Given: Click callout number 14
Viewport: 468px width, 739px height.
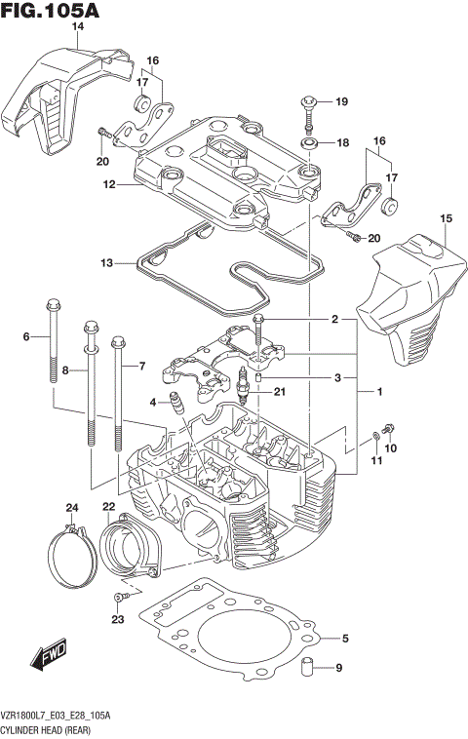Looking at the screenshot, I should pos(78,26).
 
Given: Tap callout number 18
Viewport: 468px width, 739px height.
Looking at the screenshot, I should pos(341,143).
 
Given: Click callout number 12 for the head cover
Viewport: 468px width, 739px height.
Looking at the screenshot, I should pos(110,184).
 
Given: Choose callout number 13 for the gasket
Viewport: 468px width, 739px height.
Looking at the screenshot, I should pos(106,262).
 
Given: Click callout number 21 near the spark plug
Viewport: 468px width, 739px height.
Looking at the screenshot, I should pos(280,393).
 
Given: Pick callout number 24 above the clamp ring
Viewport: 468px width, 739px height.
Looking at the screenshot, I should pos(71,507).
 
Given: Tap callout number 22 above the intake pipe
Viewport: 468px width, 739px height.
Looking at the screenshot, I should pos(108,507).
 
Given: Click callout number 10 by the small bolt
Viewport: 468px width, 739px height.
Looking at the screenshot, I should pos(392,447).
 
